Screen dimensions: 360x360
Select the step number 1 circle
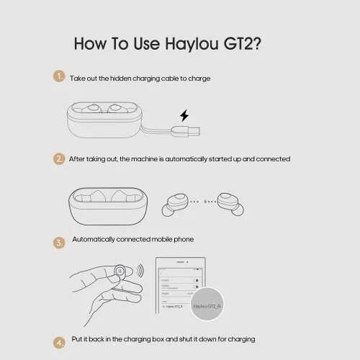click(59, 76)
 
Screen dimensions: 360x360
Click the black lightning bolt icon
click(184, 115)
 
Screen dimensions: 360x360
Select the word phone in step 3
click(181, 239)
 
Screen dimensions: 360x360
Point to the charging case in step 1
click(104, 118)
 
